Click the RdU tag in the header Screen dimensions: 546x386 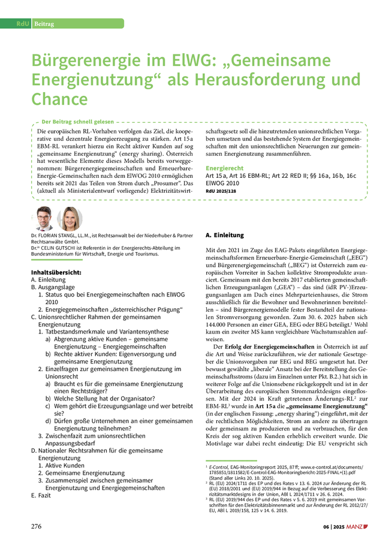click(23, 23)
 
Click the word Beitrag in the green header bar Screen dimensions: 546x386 click(44, 23)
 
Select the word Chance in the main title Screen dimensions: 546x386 click(59, 99)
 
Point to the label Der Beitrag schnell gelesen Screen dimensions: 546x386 click(74, 122)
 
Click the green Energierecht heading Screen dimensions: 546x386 click(225, 168)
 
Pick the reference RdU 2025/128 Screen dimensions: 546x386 click(221, 191)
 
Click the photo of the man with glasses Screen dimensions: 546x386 click(44, 219)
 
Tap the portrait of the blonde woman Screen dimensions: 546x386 click(69, 219)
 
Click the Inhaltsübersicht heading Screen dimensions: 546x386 click(56, 272)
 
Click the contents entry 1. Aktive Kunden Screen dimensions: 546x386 click(61, 465)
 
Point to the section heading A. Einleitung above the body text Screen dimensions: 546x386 click(225, 235)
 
